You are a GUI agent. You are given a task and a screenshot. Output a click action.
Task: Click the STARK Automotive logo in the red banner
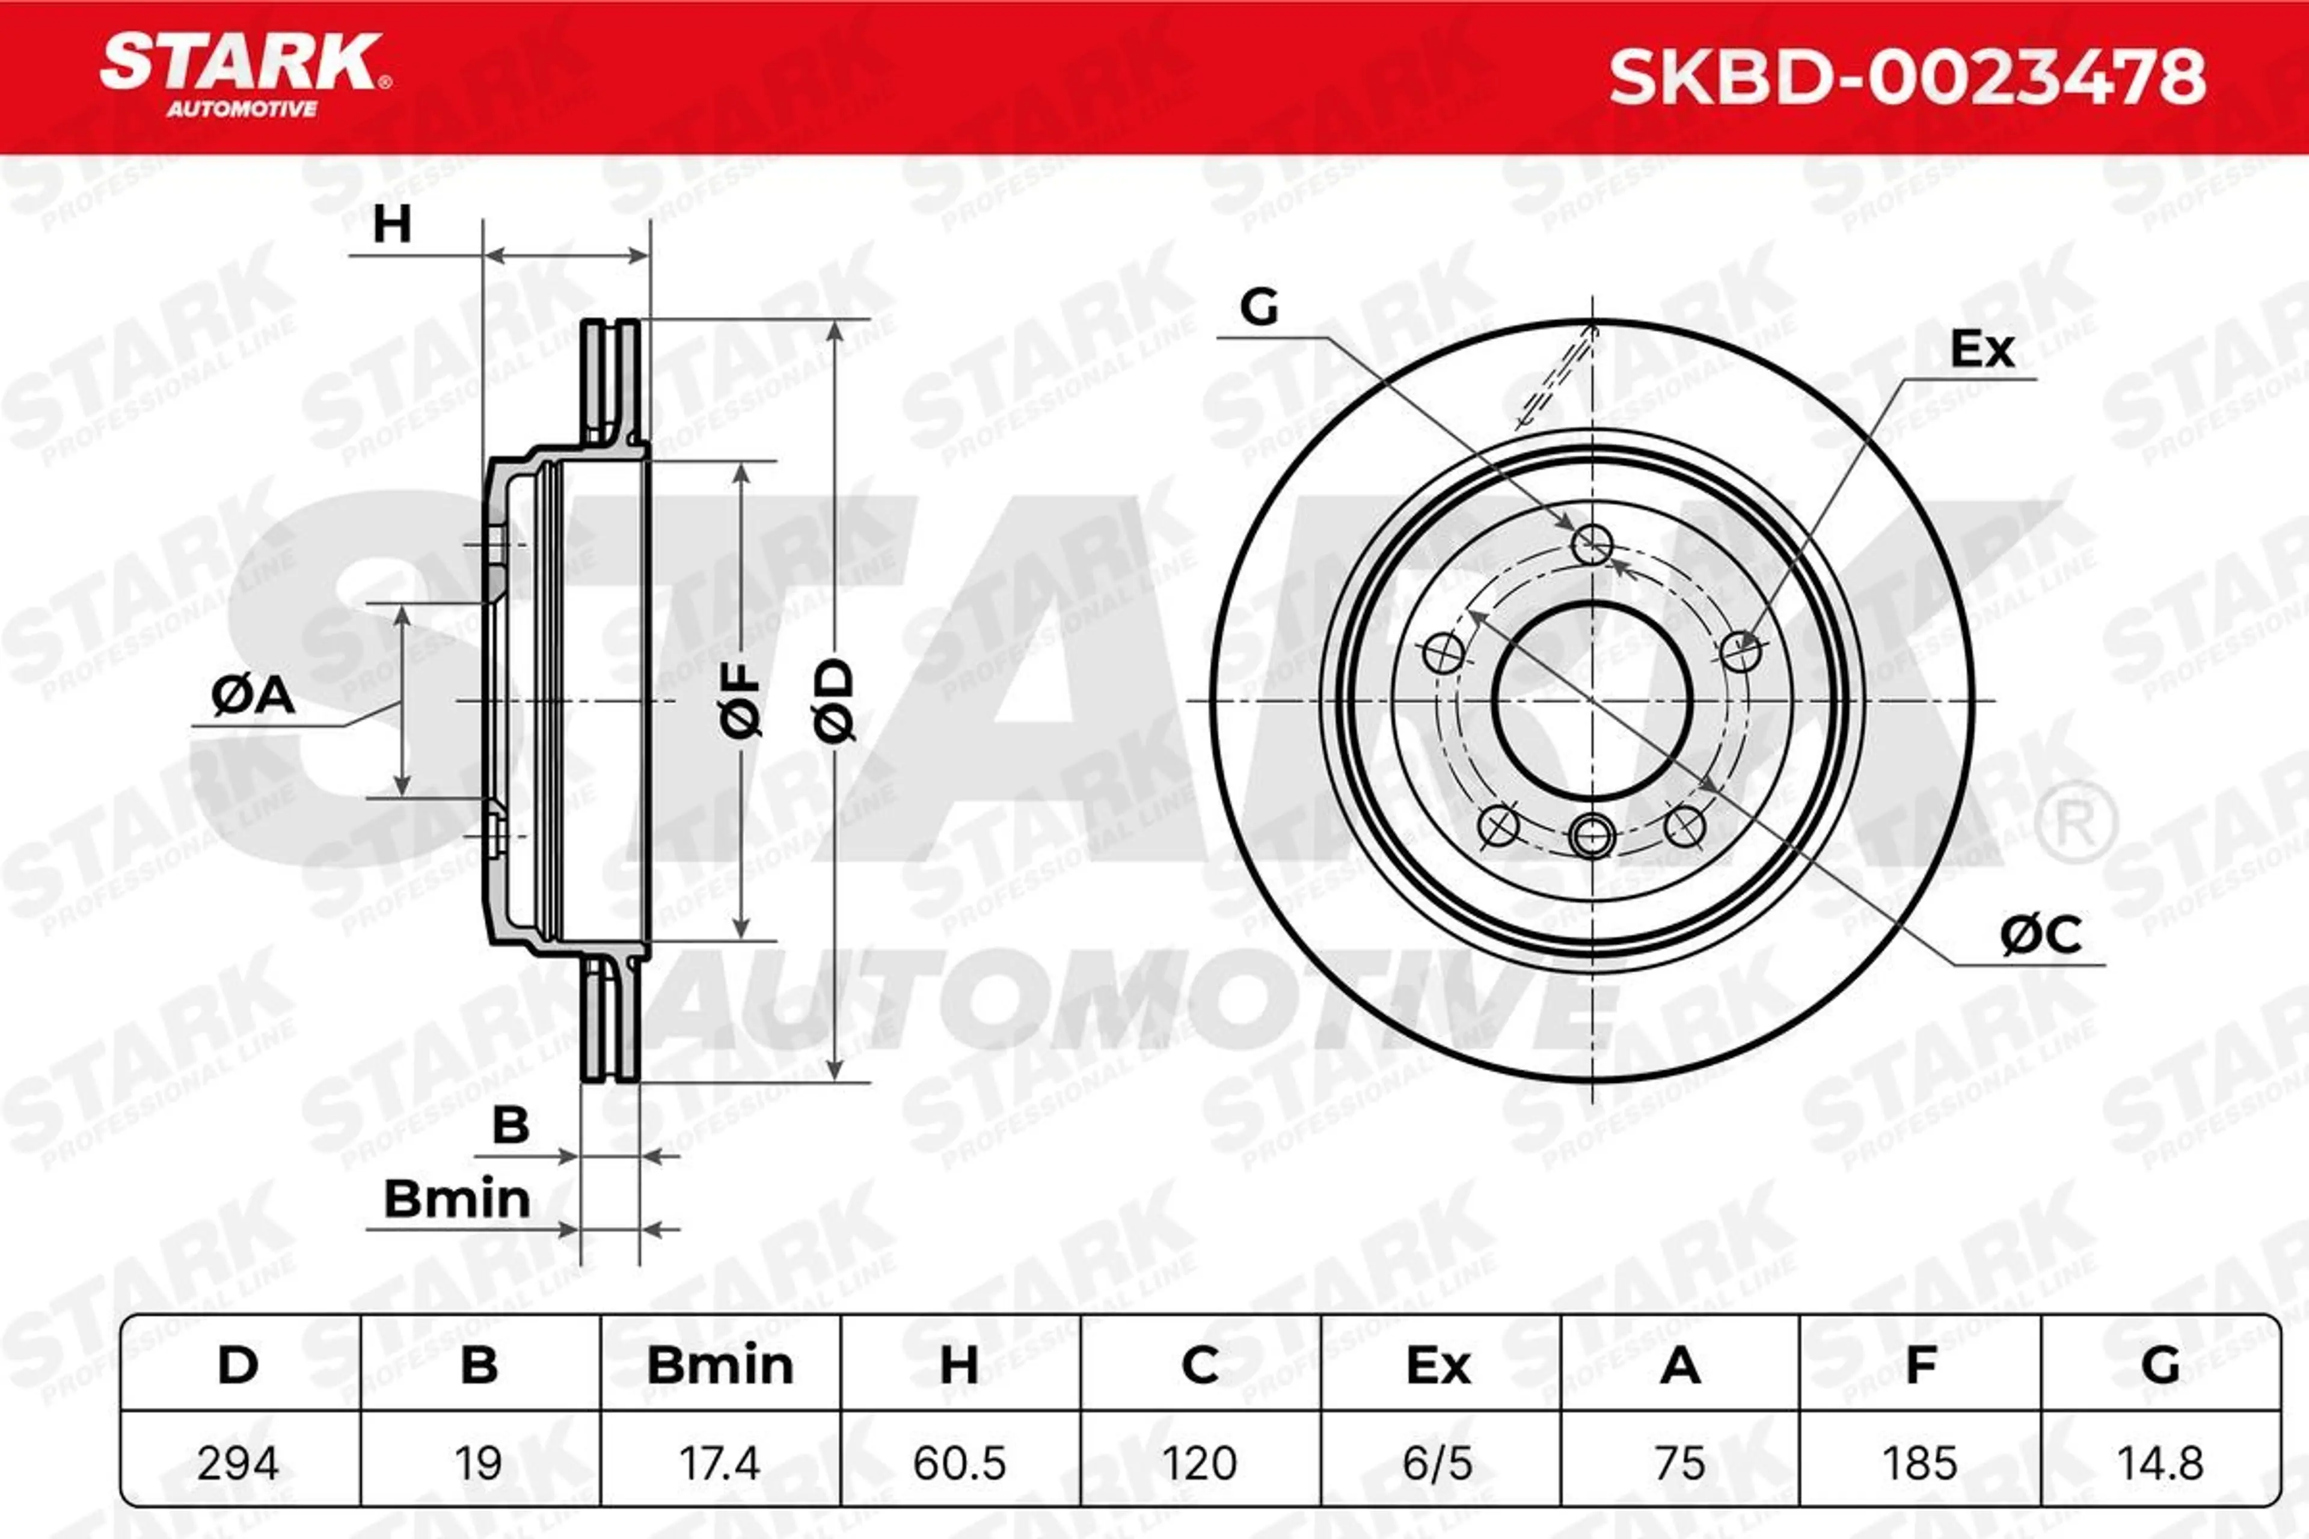point(245,76)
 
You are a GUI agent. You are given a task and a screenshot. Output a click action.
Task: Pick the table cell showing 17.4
point(720,1463)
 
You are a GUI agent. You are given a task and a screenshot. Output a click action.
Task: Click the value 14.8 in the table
point(2160,1463)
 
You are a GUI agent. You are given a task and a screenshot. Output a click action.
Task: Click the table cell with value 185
point(1920,1463)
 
